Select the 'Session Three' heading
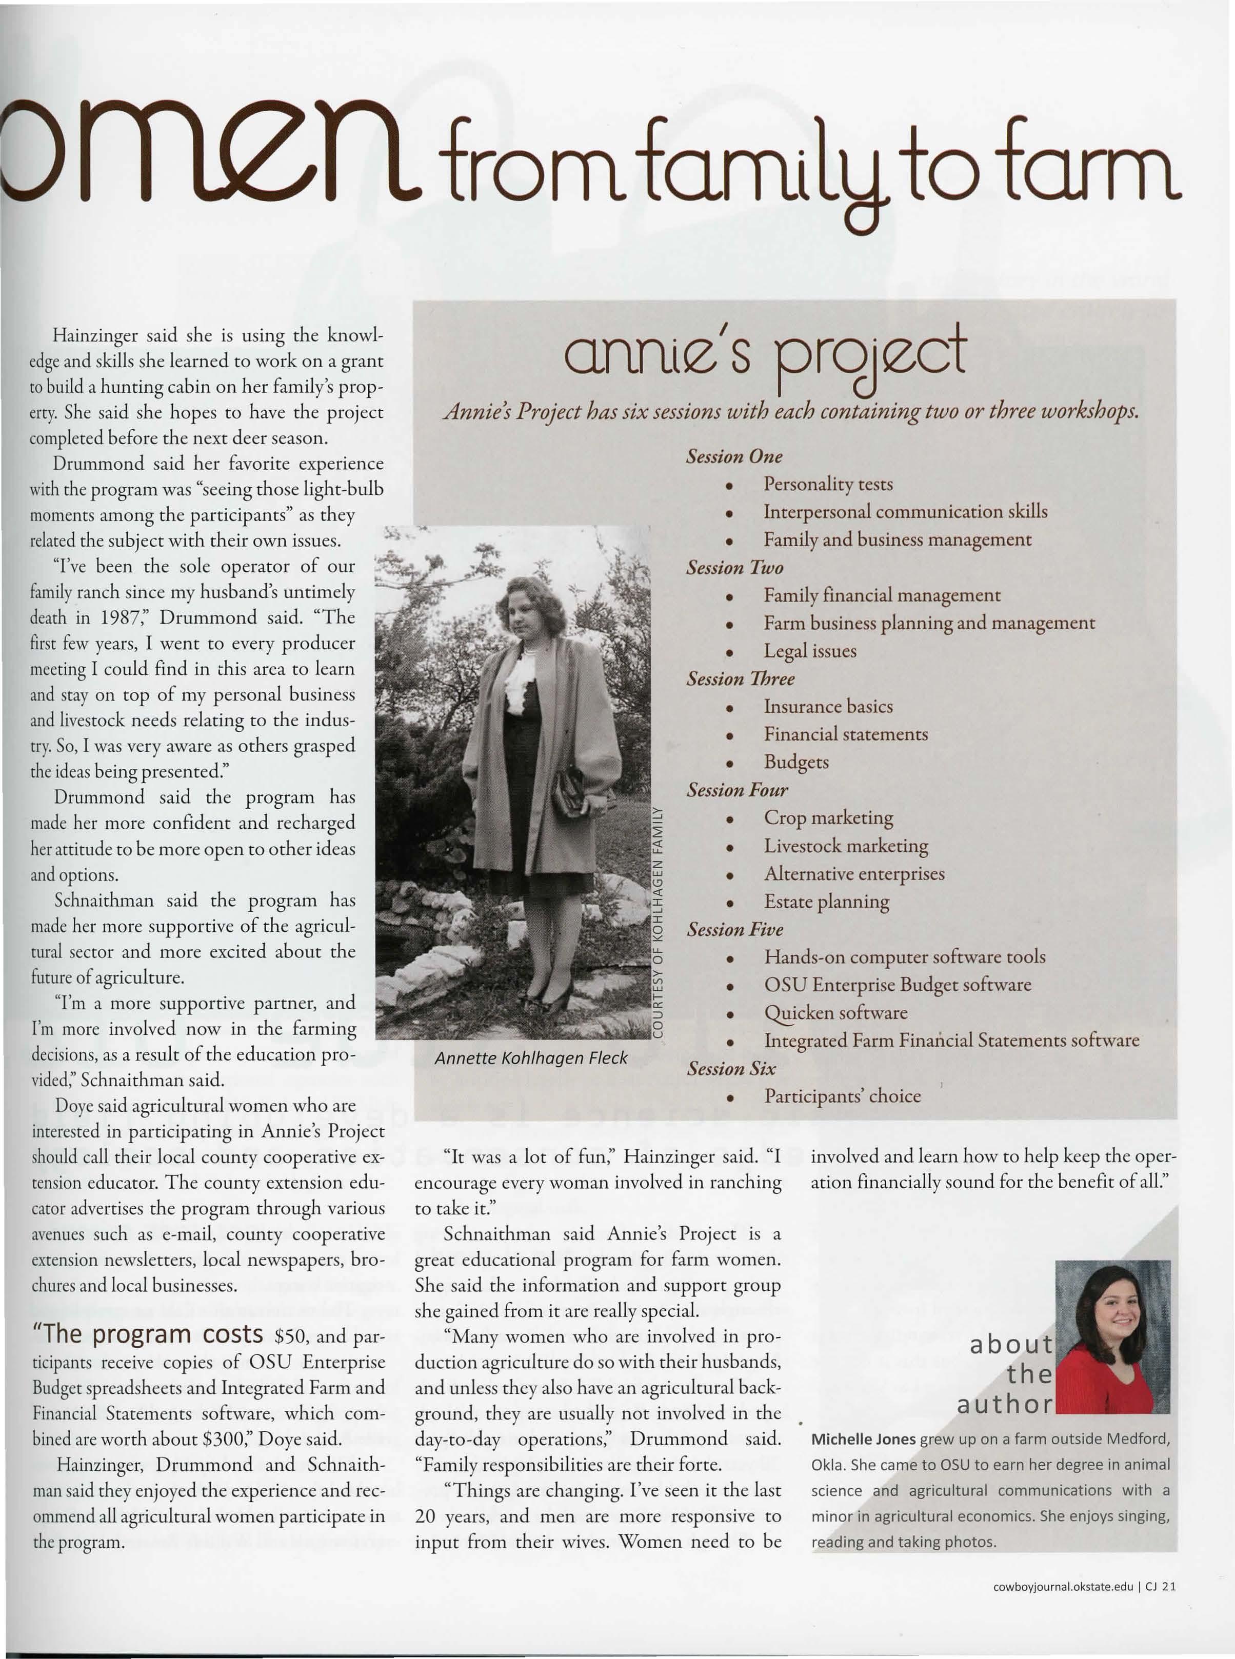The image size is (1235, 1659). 740,678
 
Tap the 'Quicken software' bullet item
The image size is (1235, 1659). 835,1013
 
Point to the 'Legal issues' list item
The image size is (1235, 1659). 810,651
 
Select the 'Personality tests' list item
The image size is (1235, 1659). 828,484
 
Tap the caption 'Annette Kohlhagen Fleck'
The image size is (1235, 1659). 531,1057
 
